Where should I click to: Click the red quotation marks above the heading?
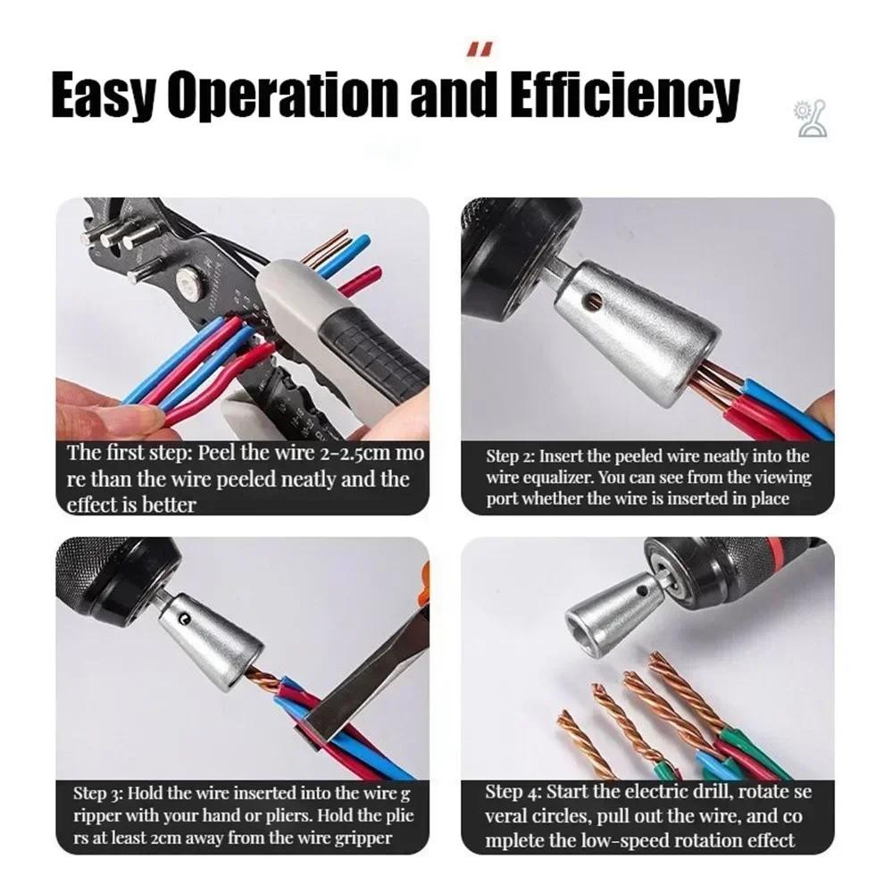pos(477,50)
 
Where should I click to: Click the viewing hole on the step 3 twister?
pos(183,616)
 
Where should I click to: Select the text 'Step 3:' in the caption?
pos(97,793)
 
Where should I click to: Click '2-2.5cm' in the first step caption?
pos(353,454)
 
